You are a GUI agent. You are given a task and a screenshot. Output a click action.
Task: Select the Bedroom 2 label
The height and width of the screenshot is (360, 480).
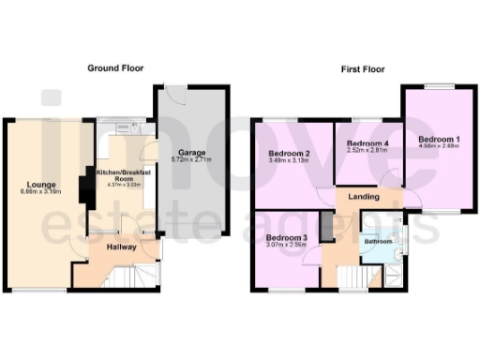tap(289, 154)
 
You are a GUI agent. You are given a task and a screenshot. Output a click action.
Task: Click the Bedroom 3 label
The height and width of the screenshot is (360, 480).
tap(285, 238)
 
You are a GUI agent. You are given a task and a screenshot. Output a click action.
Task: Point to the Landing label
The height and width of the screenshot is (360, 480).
tap(364, 197)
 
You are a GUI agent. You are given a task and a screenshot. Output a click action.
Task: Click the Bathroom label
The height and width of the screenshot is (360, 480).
tap(378, 241)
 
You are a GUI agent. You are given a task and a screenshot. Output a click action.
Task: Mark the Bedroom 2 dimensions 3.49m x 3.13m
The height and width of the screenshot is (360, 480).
tap(289, 162)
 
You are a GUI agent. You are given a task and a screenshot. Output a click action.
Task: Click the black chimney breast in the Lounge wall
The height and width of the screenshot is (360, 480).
tap(86, 187)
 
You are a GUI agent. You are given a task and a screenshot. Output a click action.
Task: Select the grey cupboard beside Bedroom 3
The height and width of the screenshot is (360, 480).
tap(325, 227)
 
